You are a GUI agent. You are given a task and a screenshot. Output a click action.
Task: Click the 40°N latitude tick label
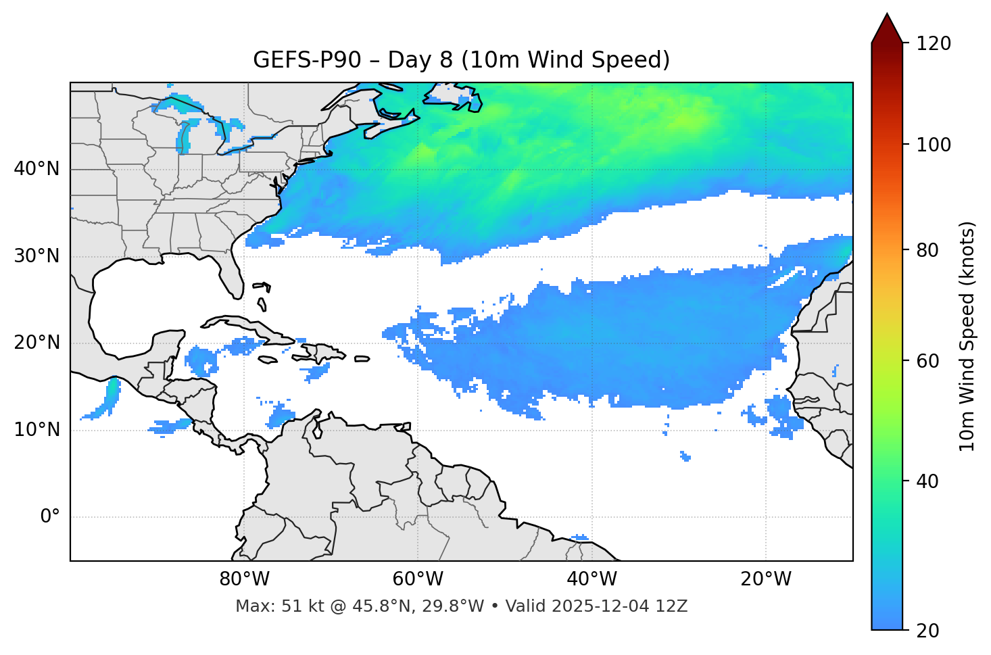coord(37,169)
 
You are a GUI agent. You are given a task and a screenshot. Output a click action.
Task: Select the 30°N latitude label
coord(37,256)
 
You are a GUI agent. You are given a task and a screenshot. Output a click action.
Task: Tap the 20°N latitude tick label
coord(37,343)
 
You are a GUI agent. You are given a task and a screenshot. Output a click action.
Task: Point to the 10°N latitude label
coord(37,430)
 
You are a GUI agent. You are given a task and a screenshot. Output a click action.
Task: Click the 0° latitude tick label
coord(49,517)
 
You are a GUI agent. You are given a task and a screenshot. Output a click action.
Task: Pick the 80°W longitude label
coord(244,579)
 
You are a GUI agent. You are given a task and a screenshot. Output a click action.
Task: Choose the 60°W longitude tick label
coord(418,579)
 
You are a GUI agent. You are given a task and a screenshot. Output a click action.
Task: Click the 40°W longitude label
coord(591,579)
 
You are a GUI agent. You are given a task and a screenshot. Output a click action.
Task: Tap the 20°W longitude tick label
coord(766,579)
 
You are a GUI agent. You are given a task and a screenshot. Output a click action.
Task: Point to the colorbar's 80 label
coord(927,250)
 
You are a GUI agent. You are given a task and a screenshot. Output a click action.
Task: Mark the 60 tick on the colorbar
coord(927,361)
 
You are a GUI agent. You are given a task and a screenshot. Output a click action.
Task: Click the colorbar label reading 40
coord(927,481)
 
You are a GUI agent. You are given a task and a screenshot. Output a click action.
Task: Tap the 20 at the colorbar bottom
coord(927,631)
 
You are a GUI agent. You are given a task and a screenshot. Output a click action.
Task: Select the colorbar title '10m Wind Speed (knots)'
coord(967,337)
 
